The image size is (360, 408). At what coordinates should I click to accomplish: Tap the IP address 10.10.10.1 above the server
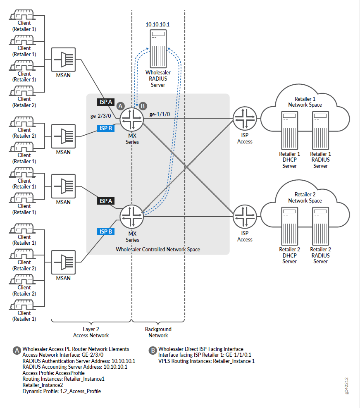(158, 25)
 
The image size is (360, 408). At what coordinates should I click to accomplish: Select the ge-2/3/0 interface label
(101, 116)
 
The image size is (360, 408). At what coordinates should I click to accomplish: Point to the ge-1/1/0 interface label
(160, 115)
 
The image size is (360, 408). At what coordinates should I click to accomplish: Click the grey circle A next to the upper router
(121, 106)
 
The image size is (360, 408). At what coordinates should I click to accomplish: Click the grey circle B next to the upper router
(143, 106)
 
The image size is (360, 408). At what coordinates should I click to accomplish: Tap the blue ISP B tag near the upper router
(105, 128)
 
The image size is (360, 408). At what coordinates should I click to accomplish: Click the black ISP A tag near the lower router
(105, 201)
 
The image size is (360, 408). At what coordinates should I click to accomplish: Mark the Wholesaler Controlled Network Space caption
(158, 249)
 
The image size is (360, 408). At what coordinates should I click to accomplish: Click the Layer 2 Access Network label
(91, 332)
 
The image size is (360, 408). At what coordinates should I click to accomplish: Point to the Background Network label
(158, 332)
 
